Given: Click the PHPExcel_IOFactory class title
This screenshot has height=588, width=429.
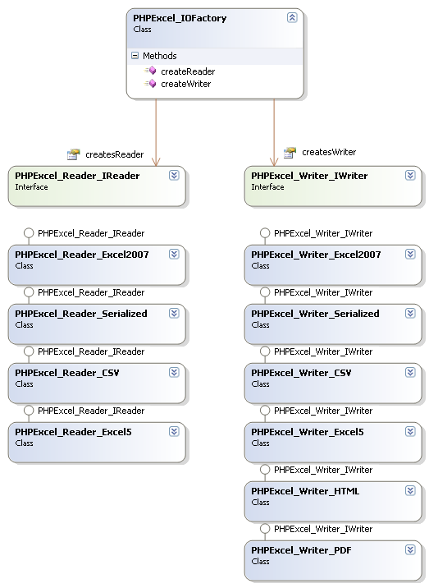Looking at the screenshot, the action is point(180,18).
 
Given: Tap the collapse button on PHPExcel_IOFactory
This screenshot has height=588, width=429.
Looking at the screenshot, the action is point(292,17).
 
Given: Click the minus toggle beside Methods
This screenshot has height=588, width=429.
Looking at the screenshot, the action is point(135,56).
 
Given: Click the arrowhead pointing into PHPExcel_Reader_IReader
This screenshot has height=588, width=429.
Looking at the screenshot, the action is point(156,162).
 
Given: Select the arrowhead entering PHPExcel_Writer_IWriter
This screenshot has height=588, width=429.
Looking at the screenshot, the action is point(274,162).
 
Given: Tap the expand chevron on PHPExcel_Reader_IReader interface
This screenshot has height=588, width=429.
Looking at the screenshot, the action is point(174,176).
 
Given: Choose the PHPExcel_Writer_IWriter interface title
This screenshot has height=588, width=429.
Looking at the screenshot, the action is point(309,176).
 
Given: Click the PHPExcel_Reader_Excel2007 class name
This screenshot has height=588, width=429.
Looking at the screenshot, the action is point(82,255).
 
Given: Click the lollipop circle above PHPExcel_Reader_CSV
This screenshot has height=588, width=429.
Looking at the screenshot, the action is point(29,351).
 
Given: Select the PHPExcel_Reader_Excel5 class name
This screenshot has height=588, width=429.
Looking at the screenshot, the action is point(73,432).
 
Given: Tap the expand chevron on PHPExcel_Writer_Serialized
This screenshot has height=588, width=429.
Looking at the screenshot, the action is point(410,314).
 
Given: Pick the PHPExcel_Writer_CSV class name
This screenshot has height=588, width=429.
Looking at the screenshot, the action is point(301,373).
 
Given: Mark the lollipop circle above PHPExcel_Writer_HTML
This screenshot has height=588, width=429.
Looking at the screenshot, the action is point(265,470).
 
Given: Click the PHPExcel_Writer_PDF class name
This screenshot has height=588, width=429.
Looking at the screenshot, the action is point(301,550).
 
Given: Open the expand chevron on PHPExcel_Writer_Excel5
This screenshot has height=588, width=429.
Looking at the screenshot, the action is point(410,432).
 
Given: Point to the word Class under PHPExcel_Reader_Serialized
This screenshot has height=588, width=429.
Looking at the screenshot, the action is point(24,325).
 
